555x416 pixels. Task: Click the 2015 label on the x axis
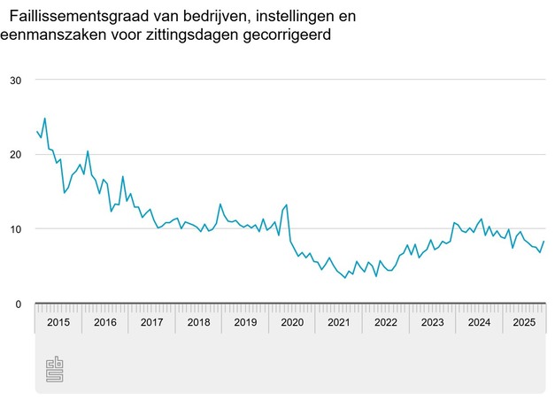pyautogui.click(x=58, y=322)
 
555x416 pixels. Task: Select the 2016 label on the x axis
pyautogui.click(x=104, y=322)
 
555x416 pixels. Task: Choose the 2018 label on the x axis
pyautogui.click(x=198, y=322)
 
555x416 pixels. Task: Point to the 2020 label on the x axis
pyautogui.click(x=292, y=322)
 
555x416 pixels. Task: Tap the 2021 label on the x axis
pyautogui.click(x=339, y=322)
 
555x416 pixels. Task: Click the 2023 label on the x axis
pyautogui.click(x=433, y=322)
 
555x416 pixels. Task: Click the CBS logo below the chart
pyautogui.click(x=55, y=368)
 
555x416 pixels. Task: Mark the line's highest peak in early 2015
pyautogui.click(x=44, y=118)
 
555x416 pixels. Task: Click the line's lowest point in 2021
pyautogui.click(x=345, y=278)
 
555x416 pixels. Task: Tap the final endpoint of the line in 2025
pyautogui.click(x=543, y=242)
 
